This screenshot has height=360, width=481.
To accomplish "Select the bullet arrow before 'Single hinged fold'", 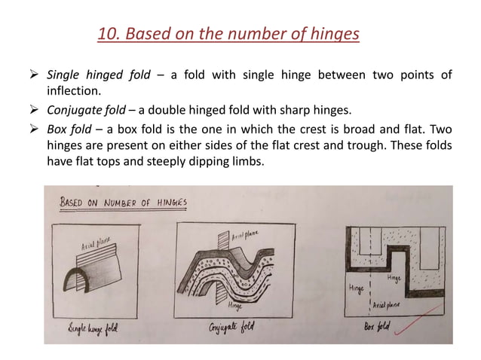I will click(35, 74).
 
